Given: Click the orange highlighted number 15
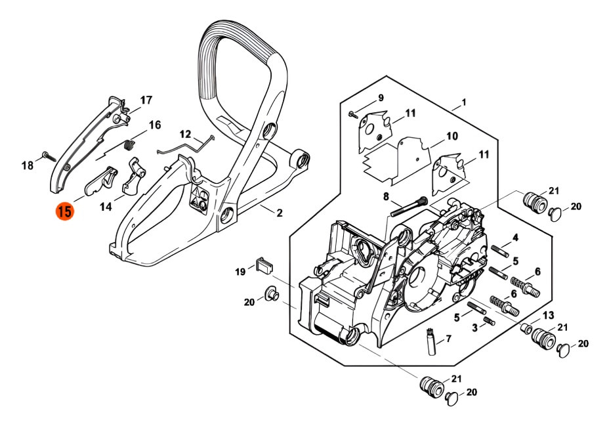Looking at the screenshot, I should click(65, 212).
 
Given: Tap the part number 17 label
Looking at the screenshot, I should click(146, 100).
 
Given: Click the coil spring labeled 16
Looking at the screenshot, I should click(130, 144).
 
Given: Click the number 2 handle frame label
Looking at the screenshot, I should click(279, 213).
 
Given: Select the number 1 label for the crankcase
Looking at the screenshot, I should click(463, 102).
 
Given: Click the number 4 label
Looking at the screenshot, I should click(516, 238).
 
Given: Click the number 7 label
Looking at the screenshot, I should click(449, 339).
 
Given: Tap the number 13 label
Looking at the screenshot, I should click(548, 315).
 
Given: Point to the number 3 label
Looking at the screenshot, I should click(474, 327).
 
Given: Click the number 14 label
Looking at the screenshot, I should click(106, 207).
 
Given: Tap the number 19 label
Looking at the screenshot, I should click(240, 272).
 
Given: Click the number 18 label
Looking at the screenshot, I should click(28, 166).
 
